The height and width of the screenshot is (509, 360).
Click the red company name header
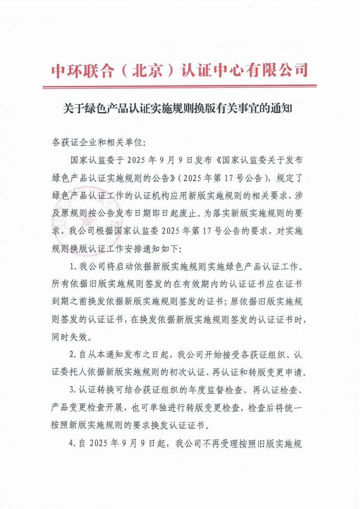(180, 70)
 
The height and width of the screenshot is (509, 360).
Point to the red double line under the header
(180, 86)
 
